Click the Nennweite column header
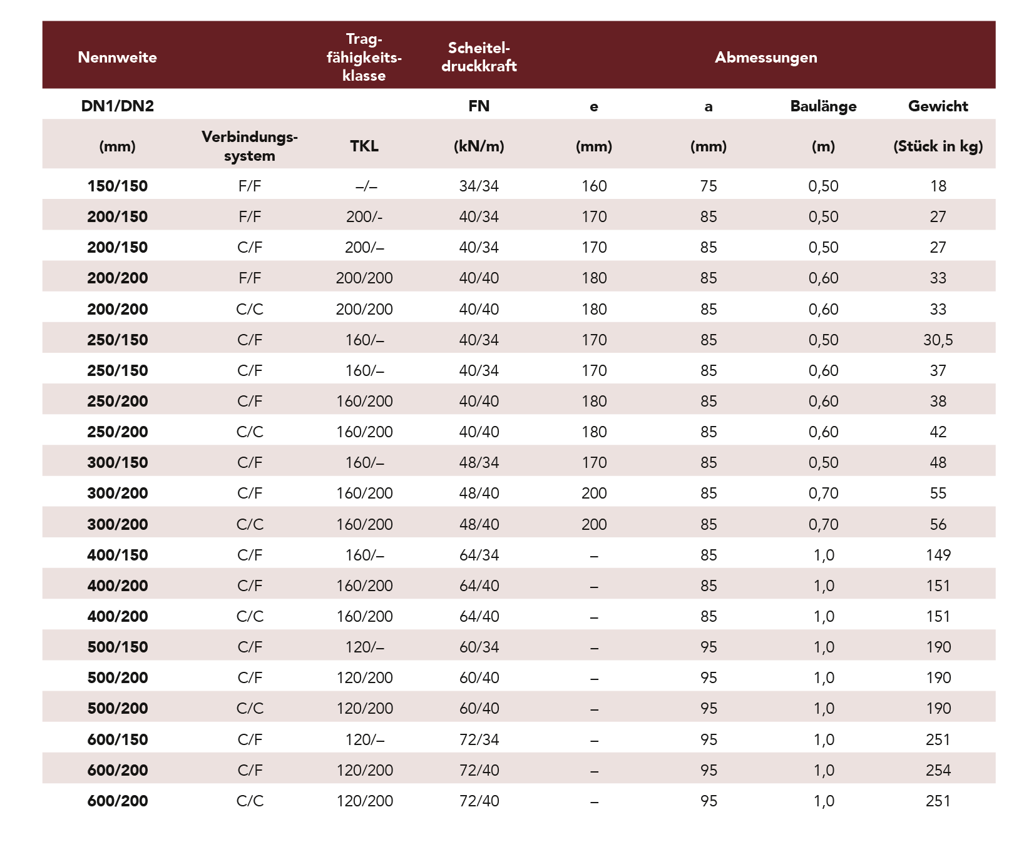pyautogui.click(x=117, y=58)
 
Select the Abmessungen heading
pyautogui.click(x=766, y=58)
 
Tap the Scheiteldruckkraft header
pyautogui.click(x=479, y=57)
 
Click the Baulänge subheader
pyautogui.click(x=823, y=106)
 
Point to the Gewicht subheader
pyautogui.click(x=938, y=106)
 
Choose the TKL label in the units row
pyautogui.click(x=364, y=146)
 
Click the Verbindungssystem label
pyautogui.click(x=249, y=146)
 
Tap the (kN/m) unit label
pyautogui.click(x=479, y=146)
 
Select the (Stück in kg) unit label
pyautogui.click(x=938, y=146)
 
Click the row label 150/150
pyautogui.click(x=117, y=186)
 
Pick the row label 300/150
pyautogui.click(x=117, y=463)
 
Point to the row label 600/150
pyautogui.click(x=117, y=740)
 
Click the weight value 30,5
pyautogui.click(x=938, y=340)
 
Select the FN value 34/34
pyautogui.click(x=479, y=186)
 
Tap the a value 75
pyautogui.click(x=709, y=186)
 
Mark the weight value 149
pyautogui.click(x=938, y=555)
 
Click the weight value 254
pyautogui.click(x=938, y=771)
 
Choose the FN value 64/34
pyautogui.click(x=479, y=555)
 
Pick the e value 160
pyautogui.click(x=594, y=186)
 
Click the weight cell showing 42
pyautogui.click(x=938, y=432)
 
